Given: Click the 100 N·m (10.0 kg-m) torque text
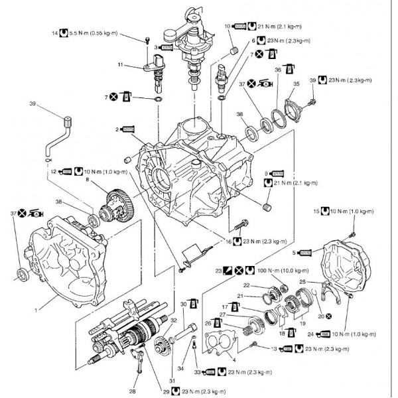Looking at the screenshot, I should [x=289, y=271].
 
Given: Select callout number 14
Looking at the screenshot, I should [x=54, y=33].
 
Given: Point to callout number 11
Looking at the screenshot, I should [x=121, y=65].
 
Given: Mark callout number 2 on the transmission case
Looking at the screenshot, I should [x=117, y=129].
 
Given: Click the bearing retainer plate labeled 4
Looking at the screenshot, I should [x=215, y=345].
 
